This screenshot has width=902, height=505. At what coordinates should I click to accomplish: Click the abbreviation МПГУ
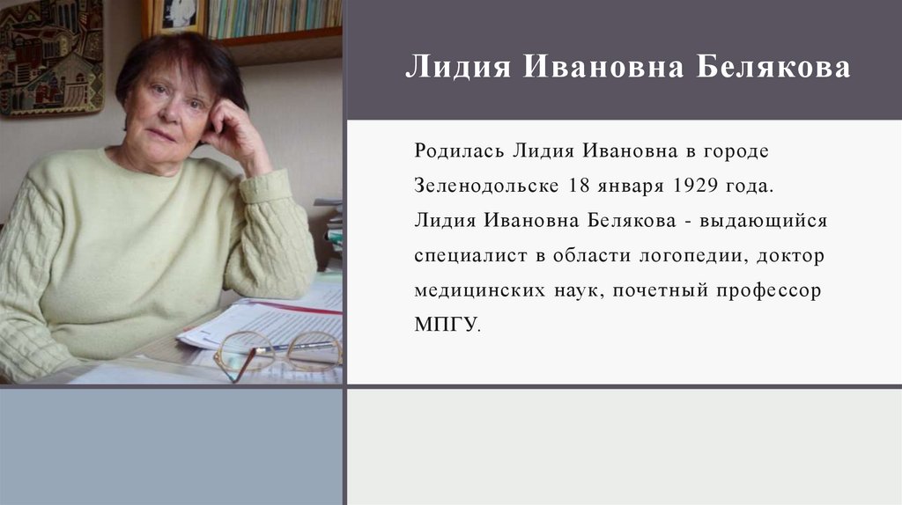(446, 323)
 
